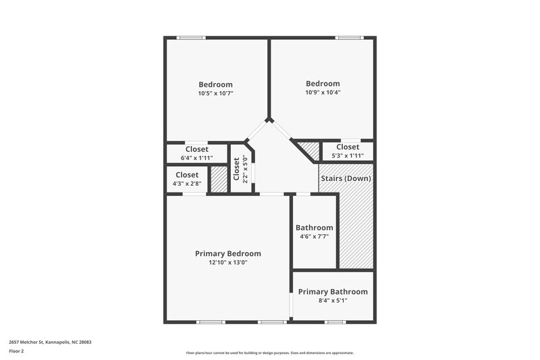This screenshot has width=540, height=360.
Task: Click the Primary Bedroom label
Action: coord(227,253)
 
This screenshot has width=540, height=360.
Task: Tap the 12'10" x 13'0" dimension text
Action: coord(227,263)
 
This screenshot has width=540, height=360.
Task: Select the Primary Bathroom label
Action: coord(333,292)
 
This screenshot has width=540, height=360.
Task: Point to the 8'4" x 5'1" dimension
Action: coord(333,301)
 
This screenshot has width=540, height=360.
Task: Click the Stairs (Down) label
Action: coord(346,178)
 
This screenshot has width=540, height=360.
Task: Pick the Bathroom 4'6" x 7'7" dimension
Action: coord(314,237)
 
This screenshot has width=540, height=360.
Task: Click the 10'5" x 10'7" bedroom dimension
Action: coord(215,93)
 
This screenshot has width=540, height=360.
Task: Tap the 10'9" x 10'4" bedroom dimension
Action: coord(323,93)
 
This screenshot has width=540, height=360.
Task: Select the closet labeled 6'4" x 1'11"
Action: coord(196,157)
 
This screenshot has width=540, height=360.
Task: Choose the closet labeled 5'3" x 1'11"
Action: coord(348,155)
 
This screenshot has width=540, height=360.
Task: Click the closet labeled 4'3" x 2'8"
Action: coord(187,183)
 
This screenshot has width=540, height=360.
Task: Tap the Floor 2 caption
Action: coord(16,351)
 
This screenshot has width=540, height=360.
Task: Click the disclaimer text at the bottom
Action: coord(269,353)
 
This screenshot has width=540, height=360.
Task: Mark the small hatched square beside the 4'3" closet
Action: coord(219,180)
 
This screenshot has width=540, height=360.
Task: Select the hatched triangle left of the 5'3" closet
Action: coord(310,149)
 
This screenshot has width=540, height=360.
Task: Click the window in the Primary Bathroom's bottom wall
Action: coord(335,322)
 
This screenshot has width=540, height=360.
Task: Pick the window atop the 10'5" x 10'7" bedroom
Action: coord(191,37)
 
